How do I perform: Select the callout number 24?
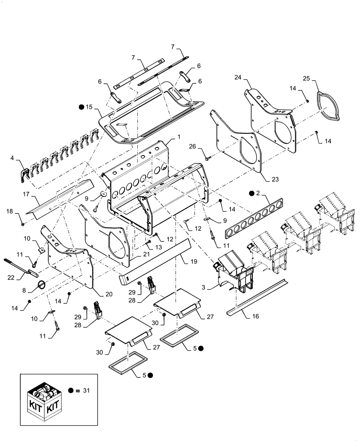[x=238, y=78]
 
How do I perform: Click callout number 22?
[x=9, y=277]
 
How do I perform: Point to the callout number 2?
[x=258, y=193]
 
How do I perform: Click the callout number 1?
[x=178, y=138]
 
